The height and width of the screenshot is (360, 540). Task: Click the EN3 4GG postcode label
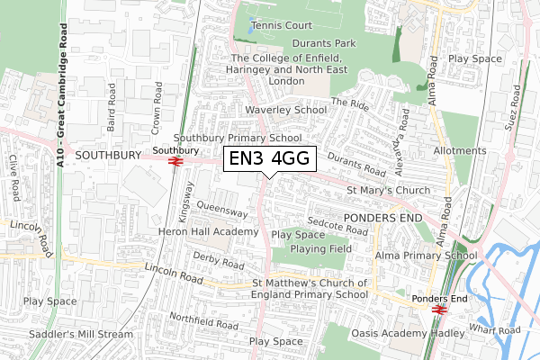click(x=270, y=158)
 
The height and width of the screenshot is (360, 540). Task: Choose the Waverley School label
click(x=287, y=110)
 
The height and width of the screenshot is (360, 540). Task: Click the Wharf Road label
click(x=497, y=330)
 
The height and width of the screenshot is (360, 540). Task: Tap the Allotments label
click(x=462, y=151)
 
